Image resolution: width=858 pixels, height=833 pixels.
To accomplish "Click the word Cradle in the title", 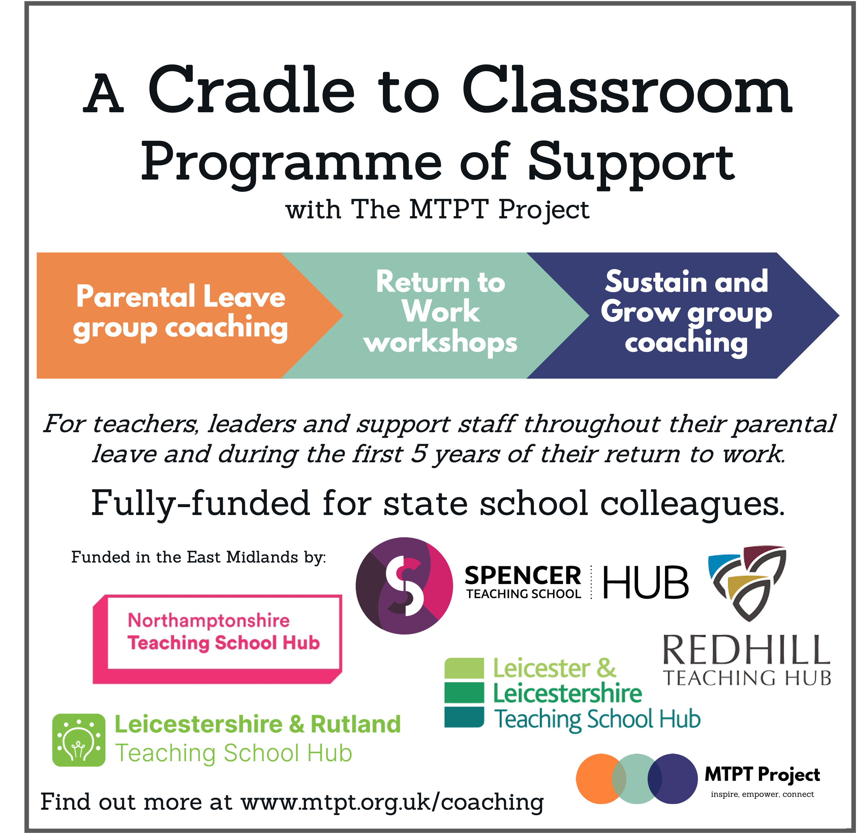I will [251, 90].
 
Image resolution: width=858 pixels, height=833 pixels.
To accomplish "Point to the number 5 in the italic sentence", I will [418, 454].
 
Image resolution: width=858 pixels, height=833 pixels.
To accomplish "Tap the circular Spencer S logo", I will [404, 586].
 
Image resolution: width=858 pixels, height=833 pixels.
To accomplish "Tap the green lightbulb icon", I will [79, 740].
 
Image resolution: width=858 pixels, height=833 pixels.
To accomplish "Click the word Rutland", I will [355, 724].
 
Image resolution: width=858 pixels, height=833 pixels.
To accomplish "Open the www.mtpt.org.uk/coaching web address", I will [392, 802].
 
